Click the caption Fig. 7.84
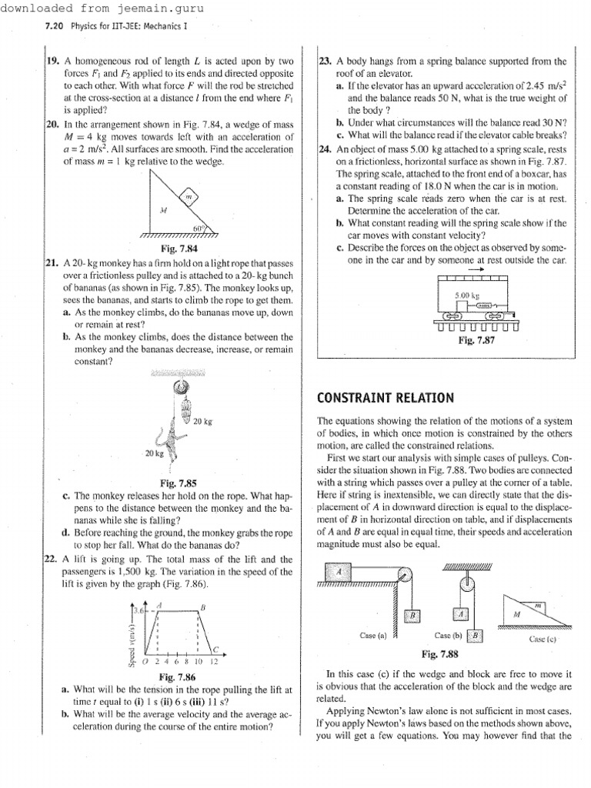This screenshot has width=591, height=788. point(179,249)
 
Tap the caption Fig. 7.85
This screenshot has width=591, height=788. point(179,482)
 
